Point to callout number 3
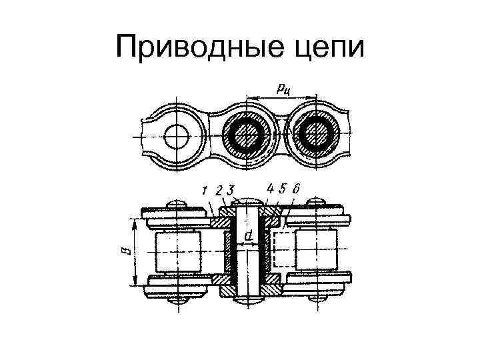coord(229,190)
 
